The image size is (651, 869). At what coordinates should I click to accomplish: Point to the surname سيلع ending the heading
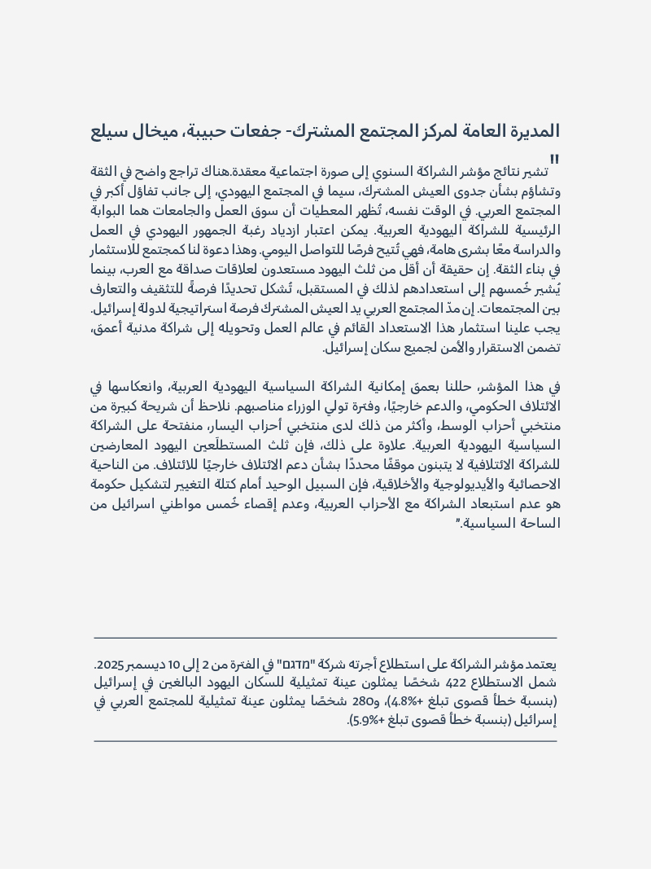[107, 130]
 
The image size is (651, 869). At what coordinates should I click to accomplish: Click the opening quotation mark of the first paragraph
[555, 160]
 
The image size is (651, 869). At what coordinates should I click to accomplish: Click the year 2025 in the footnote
[108, 665]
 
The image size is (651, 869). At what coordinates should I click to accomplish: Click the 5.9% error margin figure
[367, 720]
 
